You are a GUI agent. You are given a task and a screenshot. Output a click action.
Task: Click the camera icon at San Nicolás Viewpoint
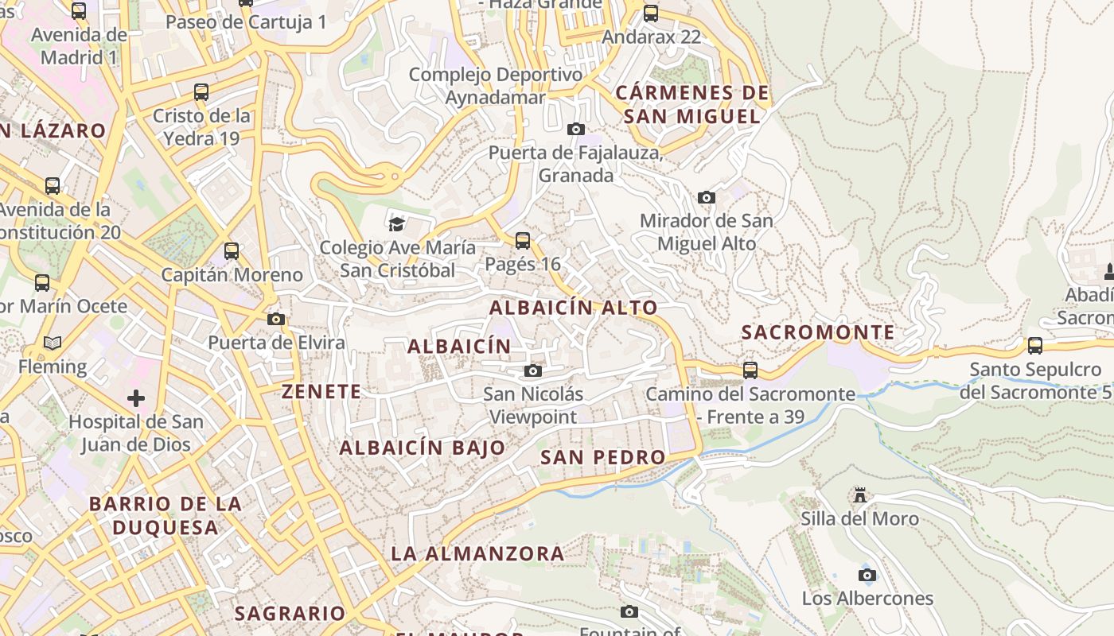(x=533, y=370)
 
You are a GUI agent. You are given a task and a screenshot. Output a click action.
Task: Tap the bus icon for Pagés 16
(x=523, y=240)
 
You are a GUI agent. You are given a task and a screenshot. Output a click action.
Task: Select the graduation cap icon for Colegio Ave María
(x=396, y=223)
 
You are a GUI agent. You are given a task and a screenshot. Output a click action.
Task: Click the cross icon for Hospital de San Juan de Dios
(x=136, y=397)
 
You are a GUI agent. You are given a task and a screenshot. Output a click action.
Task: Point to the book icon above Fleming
(x=53, y=343)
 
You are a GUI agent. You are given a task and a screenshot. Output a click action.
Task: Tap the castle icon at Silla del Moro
(x=859, y=495)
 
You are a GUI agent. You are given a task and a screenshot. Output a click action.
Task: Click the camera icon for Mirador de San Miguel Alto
(x=706, y=197)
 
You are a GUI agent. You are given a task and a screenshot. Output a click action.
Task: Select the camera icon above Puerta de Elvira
(x=276, y=319)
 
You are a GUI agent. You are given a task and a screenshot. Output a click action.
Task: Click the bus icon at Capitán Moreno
(x=232, y=251)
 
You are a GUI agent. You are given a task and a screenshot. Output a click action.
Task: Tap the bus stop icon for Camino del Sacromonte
(x=750, y=370)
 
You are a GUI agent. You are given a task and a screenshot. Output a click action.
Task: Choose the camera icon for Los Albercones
(x=867, y=575)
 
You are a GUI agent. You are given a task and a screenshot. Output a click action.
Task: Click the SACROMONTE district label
(x=818, y=332)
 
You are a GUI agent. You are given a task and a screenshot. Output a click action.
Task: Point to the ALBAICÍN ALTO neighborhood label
(x=574, y=308)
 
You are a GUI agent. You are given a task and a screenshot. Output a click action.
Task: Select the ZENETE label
(x=321, y=391)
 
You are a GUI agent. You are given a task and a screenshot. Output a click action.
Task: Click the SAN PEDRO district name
(x=602, y=457)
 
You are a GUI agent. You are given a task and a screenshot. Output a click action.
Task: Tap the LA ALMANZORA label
(x=477, y=553)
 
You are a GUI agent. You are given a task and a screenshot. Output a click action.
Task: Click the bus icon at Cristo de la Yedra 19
(x=201, y=92)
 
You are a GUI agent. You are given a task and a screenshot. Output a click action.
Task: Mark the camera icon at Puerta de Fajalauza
(x=576, y=129)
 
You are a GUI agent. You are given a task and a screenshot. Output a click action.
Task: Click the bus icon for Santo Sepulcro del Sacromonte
(x=1034, y=346)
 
